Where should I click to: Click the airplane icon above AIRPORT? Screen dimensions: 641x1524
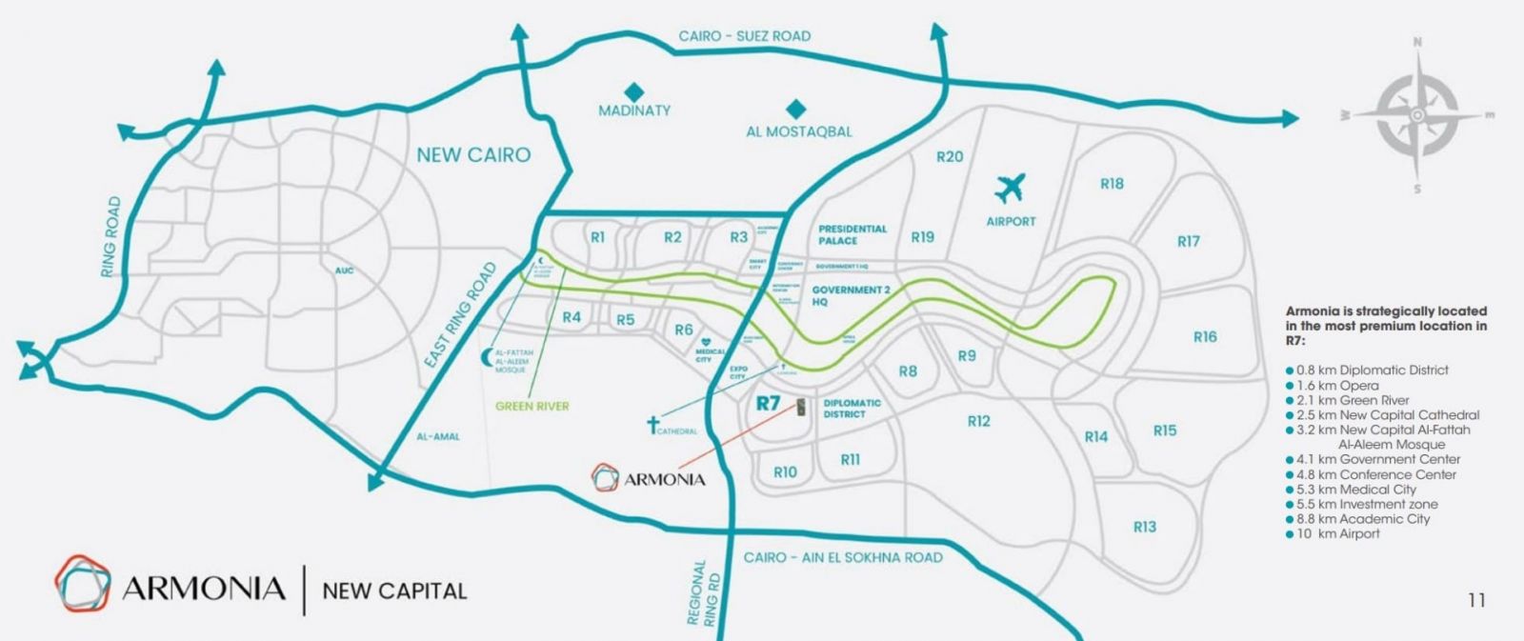pos(1011,187)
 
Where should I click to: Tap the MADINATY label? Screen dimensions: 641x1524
pos(634,110)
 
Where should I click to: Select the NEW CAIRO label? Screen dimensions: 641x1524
pos(473,155)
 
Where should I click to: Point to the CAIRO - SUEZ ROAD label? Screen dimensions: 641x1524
pos(744,36)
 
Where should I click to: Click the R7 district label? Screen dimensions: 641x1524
pos(768,403)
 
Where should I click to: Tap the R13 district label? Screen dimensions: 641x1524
pos(1144,527)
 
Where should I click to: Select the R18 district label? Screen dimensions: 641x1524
pos(1112,184)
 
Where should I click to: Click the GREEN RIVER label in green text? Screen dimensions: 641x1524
pos(532,406)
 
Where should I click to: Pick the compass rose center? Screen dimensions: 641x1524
pos(1417,115)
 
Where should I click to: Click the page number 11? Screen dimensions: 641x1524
pos(1476,600)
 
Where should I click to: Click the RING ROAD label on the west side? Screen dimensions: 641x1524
pos(111,237)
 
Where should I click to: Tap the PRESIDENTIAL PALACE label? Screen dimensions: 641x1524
pos(852,234)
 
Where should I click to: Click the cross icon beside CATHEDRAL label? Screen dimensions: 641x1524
pos(653,424)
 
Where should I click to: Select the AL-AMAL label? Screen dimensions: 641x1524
pos(438,436)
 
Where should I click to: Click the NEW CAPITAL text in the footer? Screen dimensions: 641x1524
pos(394,591)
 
